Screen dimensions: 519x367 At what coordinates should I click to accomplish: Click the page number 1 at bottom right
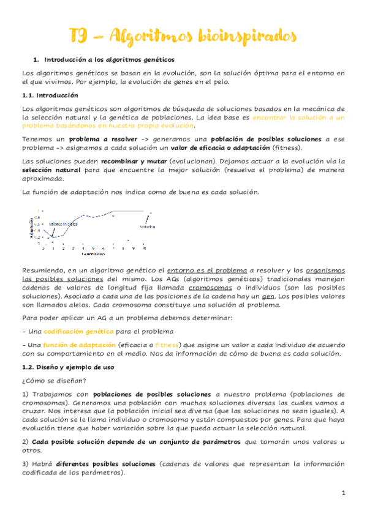pos(344,493)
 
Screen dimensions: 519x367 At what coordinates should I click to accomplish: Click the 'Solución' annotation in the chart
pos(146,226)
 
